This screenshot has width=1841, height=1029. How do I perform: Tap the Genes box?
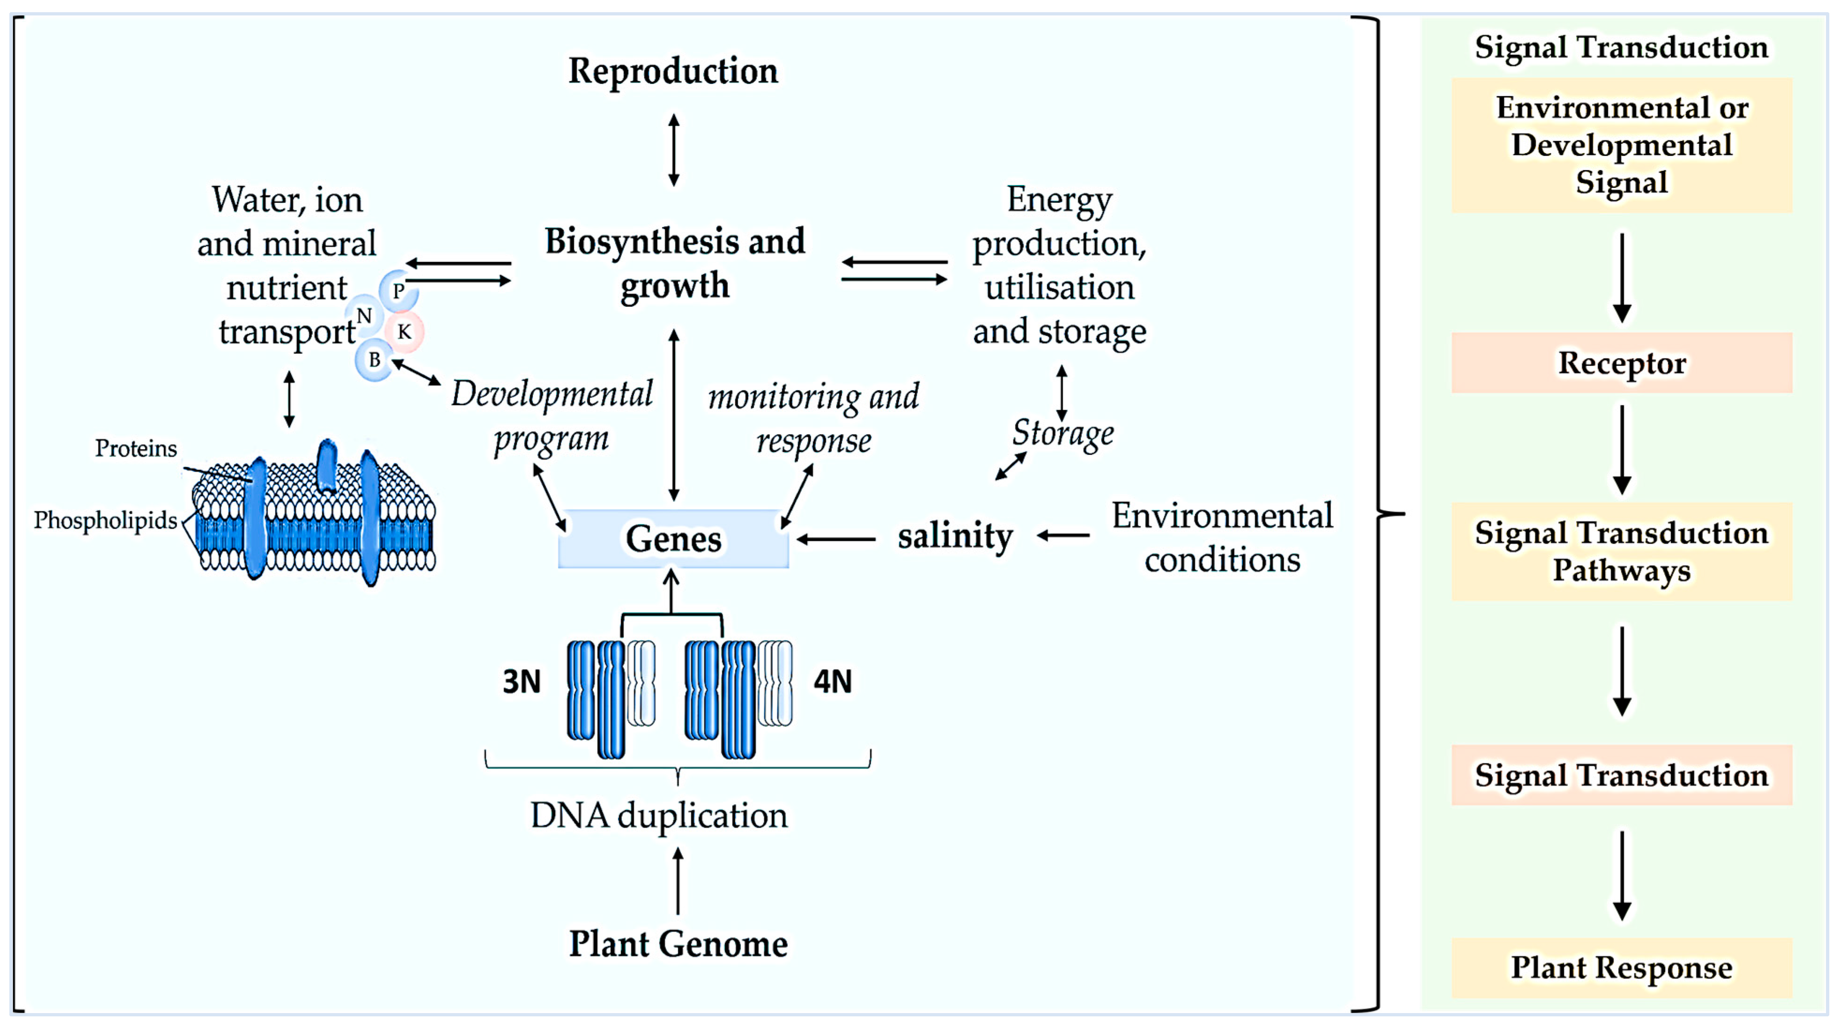pyautogui.click(x=673, y=539)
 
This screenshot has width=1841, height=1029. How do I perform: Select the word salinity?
pyautogui.click(x=955, y=536)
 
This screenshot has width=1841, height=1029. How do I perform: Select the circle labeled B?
pyautogui.click(x=374, y=359)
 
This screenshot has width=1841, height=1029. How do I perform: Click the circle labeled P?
pyautogui.click(x=398, y=290)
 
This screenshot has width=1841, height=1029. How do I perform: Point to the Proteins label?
pyautogui.click(x=136, y=448)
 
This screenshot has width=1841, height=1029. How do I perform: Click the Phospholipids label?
pyautogui.click(x=105, y=520)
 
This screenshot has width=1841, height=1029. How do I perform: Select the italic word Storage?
pyautogui.click(x=1063, y=433)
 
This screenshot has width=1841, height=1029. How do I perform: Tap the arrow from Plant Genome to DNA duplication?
pyautogui.click(x=678, y=881)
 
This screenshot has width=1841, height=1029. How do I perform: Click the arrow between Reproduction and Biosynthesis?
pyautogui.click(x=673, y=149)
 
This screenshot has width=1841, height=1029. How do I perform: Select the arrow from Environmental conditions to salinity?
pyautogui.click(x=1064, y=535)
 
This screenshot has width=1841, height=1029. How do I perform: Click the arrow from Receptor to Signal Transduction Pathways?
pyautogui.click(x=1622, y=449)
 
